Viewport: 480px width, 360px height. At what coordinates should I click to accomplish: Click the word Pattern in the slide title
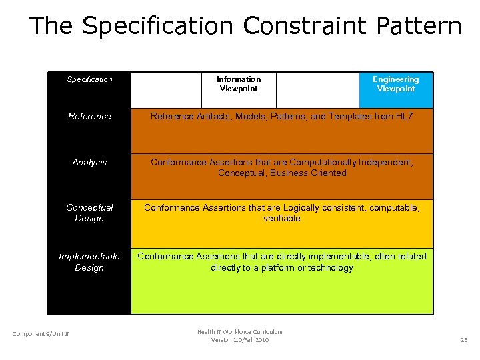pyautogui.click(x=419, y=26)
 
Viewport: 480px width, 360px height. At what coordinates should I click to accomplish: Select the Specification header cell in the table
pyautogui.click(x=89, y=79)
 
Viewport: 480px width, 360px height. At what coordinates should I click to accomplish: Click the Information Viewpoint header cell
pyautogui.click(x=239, y=84)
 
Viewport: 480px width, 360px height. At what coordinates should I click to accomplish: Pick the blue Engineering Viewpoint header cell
pyautogui.click(x=395, y=84)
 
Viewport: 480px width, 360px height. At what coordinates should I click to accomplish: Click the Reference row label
pyautogui.click(x=89, y=117)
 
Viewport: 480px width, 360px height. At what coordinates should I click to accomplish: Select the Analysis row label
pyautogui.click(x=89, y=163)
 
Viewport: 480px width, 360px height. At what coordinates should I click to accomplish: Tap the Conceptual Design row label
pyautogui.click(x=89, y=213)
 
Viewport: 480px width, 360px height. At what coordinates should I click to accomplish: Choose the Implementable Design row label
pyautogui.click(x=89, y=262)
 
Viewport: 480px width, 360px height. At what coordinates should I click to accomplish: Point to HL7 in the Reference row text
pyautogui.click(x=404, y=117)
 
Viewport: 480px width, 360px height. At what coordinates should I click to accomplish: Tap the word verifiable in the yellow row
pyautogui.click(x=282, y=219)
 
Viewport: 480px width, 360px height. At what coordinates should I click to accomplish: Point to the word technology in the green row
pyautogui.click(x=330, y=268)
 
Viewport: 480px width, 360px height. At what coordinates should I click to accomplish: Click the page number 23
pyautogui.click(x=464, y=340)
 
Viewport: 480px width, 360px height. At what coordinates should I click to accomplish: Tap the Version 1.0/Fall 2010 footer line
pyautogui.click(x=240, y=340)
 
